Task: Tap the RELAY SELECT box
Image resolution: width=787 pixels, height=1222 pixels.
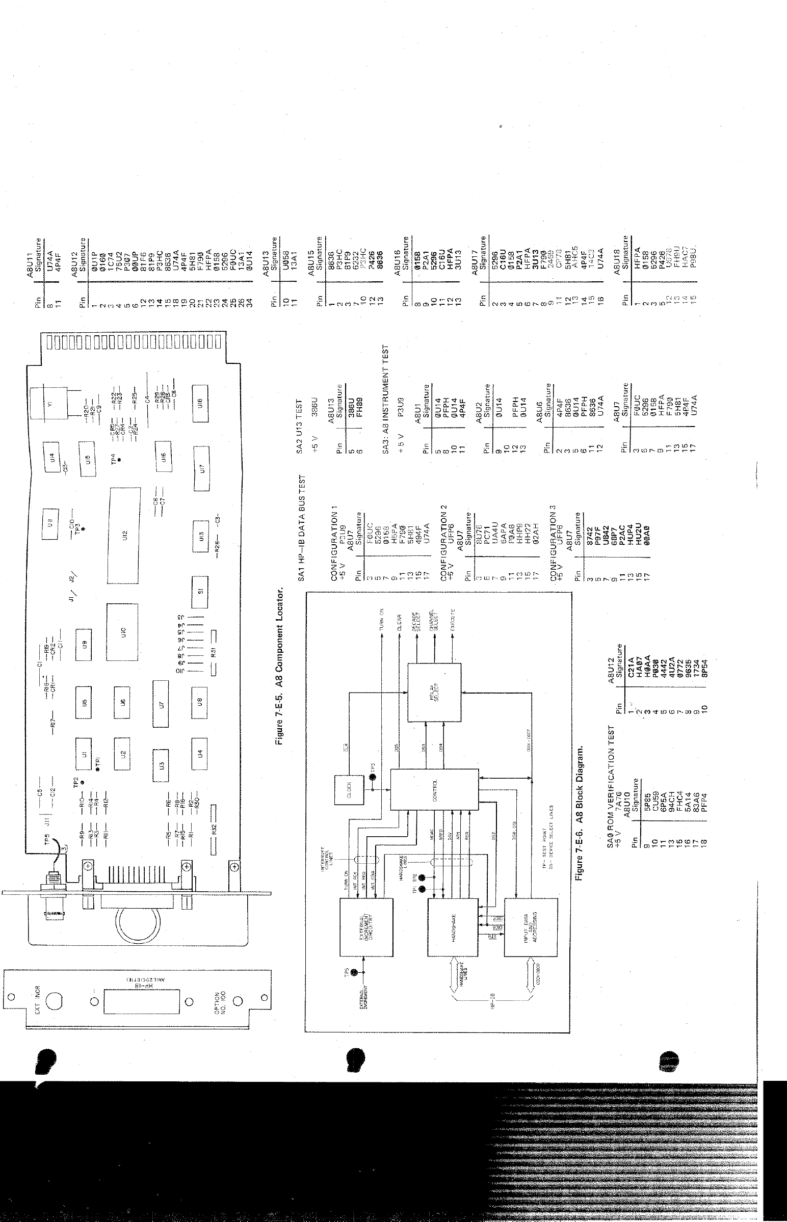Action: click(x=434, y=692)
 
